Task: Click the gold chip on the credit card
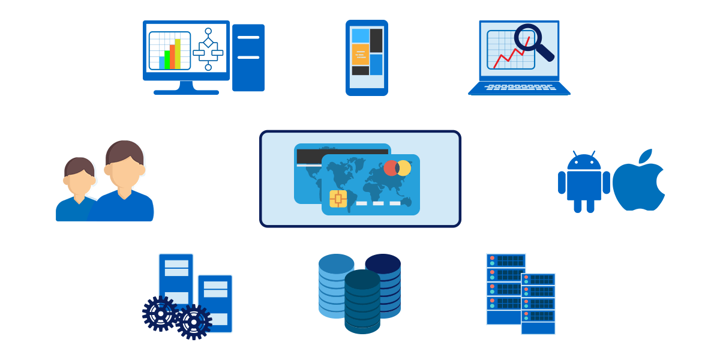pyautogui.click(x=338, y=199)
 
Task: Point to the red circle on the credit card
pyautogui.click(x=391, y=168)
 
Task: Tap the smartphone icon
pyautogui.click(x=367, y=58)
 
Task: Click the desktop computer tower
pyautogui.click(x=248, y=58)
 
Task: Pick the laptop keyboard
pyautogui.click(x=520, y=88)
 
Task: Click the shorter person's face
pyautogui.click(x=80, y=180)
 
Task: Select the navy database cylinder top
pyautogui.click(x=383, y=263)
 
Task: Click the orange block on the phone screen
pyautogui.click(x=360, y=54)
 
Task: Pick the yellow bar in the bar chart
pyautogui.click(x=178, y=54)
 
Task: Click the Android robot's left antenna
pyautogui.click(x=575, y=154)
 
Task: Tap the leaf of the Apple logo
pyautogui.click(x=645, y=156)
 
